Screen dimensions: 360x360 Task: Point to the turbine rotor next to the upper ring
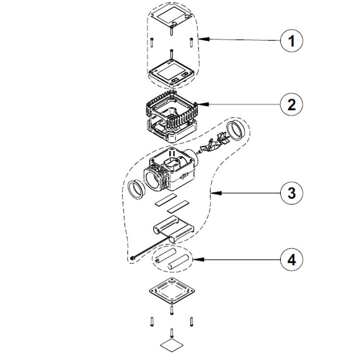pyautogui.click(x=211, y=143)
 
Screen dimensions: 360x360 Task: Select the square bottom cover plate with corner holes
pyautogui.click(x=171, y=290)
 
